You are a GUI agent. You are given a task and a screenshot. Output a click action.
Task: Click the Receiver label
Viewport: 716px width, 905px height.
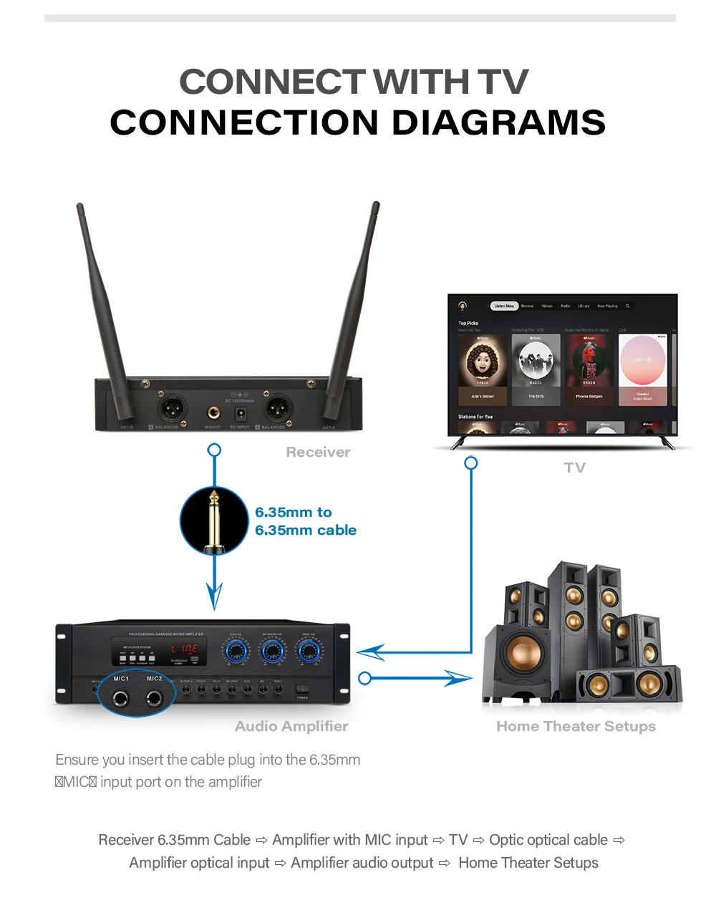318,452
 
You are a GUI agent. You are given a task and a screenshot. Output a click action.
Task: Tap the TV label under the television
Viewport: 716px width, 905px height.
574,468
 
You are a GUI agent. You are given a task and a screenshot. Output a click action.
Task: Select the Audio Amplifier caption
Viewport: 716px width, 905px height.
291,726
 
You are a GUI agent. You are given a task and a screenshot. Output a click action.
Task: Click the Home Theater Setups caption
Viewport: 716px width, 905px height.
576,726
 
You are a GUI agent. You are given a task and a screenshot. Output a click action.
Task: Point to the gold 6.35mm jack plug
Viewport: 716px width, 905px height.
213,521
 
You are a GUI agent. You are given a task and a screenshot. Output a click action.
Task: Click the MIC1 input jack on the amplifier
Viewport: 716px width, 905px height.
120,698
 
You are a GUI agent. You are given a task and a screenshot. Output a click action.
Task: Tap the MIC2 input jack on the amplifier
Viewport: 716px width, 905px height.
154,698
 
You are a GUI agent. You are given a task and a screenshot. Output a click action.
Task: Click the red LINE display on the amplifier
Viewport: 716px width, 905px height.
185,649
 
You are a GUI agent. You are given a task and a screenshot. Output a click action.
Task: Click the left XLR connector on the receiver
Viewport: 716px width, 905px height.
172,409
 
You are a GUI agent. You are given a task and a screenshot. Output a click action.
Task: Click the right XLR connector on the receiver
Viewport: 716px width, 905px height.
278,409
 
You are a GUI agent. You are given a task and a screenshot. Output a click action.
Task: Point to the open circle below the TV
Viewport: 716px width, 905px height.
470,463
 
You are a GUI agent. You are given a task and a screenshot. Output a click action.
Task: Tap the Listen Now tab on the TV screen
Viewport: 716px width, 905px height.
504,306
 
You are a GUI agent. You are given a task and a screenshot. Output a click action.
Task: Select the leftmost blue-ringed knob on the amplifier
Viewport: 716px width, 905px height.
236,651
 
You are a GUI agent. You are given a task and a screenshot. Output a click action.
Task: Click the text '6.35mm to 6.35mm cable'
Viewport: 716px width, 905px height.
305,521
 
